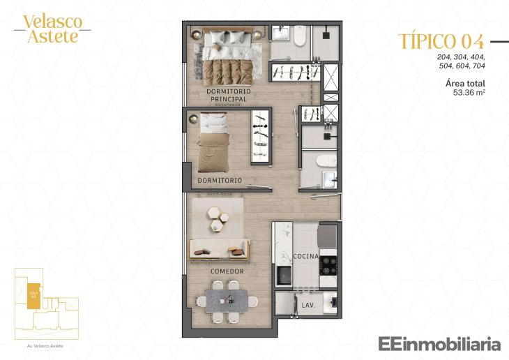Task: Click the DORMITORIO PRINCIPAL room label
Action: pyautogui.click(x=227, y=96)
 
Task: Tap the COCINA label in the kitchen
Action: pyautogui.click(x=305, y=256)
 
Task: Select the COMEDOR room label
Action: pyautogui.click(x=227, y=271)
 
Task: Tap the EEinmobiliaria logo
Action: pyautogui.click(x=439, y=343)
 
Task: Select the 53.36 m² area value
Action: pyautogui.click(x=469, y=91)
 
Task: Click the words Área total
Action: pyautogui.click(x=465, y=83)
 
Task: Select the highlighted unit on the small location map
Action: pyautogui.click(x=33, y=294)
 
